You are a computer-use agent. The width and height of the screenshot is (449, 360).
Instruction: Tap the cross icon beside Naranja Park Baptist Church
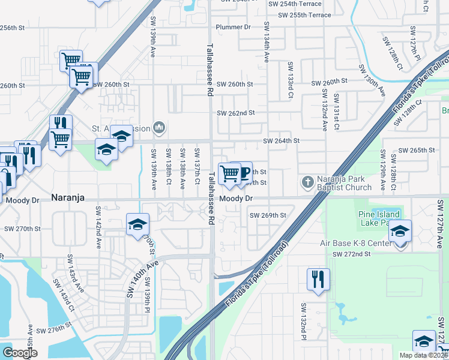point(307,181)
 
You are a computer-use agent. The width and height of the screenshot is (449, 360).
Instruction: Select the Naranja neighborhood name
point(71,197)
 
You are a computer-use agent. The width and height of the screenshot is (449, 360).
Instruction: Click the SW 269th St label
point(268,215)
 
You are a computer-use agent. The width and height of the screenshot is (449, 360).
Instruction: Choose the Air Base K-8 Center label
point(355,243)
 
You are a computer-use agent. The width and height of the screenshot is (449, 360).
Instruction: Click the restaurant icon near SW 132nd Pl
point(318,279)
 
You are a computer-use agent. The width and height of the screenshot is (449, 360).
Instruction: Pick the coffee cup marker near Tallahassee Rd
point(243,173)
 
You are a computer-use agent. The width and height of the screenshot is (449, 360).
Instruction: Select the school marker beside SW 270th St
point(137,225)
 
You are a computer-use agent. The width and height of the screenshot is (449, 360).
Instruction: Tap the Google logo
point(20,353)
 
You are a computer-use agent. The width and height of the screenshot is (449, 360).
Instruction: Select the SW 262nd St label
point(236,113)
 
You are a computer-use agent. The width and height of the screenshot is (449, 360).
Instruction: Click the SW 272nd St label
point(352,254)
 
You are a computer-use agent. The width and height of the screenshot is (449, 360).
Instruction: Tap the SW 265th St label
point(418,150)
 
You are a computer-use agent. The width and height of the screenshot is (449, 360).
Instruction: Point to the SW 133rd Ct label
point(290,80)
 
